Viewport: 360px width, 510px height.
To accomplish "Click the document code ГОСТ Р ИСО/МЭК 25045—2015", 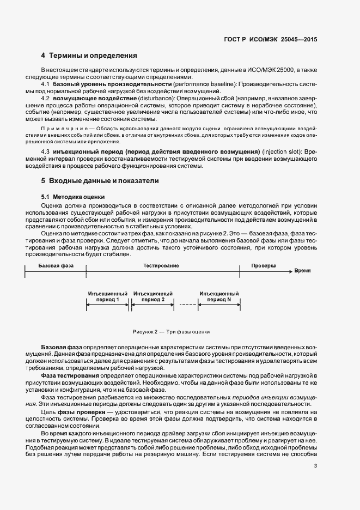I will [270, 40].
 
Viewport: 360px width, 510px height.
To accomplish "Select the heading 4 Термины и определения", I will [89, 56].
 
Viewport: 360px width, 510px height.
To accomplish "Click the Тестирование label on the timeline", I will [161, 265].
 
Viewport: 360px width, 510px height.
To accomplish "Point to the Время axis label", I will [302, 270].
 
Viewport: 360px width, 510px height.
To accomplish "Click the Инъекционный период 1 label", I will [107, 296].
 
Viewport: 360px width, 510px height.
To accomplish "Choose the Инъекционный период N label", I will [219, 296].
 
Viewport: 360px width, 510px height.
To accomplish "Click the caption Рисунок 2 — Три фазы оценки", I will [171, 331].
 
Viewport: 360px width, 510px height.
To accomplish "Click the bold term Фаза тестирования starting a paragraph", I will [70, 376].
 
